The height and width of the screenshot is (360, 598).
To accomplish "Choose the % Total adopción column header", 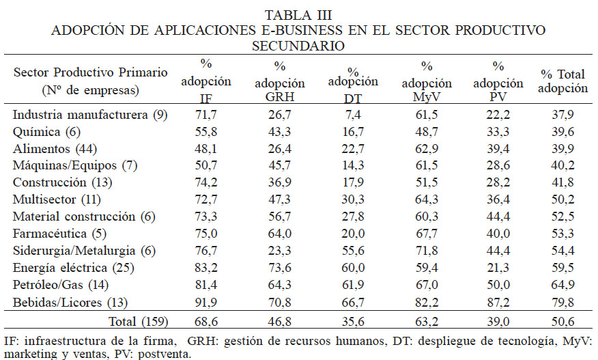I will click(564, 82).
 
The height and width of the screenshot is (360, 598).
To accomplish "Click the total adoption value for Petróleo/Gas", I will click(564, 283).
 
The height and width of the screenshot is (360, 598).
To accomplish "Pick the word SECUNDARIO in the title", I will click(298, 46).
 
